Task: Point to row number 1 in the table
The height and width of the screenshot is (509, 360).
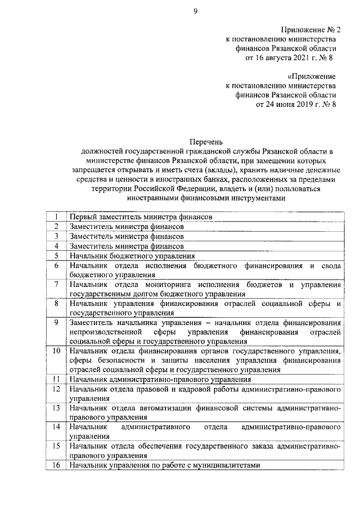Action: coord(56,217)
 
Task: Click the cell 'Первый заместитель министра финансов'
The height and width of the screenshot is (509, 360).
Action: coord(141,217)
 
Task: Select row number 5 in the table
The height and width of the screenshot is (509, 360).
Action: coord(56,255)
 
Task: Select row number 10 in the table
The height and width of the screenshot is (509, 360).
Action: coord(56,351)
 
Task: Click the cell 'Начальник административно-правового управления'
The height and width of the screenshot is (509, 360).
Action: coord(160,380)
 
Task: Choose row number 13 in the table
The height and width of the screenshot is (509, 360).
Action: coord(56,408)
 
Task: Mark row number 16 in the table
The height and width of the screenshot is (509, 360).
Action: coord(56,466)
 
